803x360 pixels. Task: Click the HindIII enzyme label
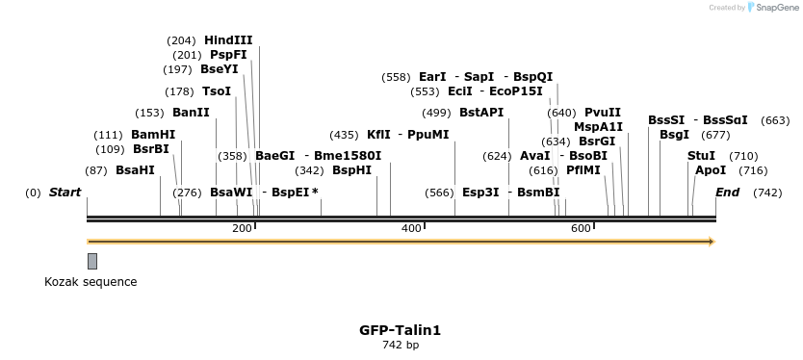[228, 40]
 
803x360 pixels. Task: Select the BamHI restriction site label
[153, 135]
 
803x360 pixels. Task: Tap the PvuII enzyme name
[603, 113]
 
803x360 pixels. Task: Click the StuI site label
[701, 156]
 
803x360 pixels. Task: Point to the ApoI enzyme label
[711, 170]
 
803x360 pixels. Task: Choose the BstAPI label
[481, 113]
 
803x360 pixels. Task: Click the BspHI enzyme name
[351, 170]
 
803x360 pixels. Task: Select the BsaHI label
[135, 170]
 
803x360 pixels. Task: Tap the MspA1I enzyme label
[598, 127]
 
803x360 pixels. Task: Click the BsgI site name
[674, 135]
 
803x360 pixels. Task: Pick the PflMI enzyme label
[583, 170]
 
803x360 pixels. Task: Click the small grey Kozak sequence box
[92, 261]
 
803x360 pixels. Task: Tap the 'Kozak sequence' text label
[91, 282]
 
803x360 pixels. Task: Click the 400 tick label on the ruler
[411, 228]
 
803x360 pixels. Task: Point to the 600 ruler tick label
[581, 228]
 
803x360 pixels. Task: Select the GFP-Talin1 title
[401, 330]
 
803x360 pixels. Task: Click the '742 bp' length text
[401, 345]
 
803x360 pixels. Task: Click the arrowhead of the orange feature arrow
[712, 242]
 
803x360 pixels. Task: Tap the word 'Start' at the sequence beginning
[65, 193]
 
